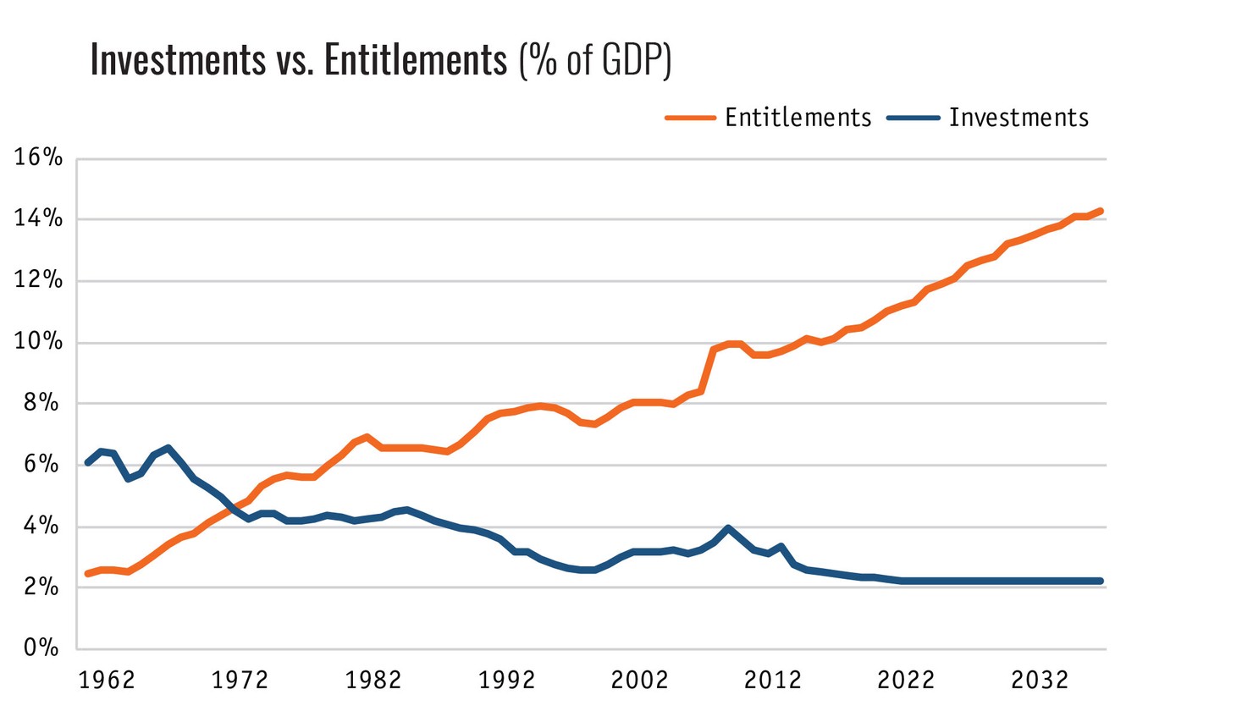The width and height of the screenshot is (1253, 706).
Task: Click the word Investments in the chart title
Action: (178, 60)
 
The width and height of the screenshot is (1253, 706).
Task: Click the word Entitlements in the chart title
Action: (416, 60)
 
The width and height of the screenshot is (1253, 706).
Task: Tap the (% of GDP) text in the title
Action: (595, 60)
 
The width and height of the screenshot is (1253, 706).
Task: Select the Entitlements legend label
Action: (798, 118)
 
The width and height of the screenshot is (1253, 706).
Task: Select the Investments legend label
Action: (1018, 118)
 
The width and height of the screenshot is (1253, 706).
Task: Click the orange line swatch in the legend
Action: (691, 118)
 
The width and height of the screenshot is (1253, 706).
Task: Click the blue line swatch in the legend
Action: (914, 118)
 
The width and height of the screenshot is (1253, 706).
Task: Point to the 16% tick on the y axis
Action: (38, 157)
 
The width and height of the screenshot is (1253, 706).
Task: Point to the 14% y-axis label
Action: (38, 219)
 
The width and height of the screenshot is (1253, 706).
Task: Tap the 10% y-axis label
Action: (38, 342)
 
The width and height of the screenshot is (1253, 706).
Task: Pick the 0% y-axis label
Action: (41, 648)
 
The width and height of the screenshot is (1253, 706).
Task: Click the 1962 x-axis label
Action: (107, 681)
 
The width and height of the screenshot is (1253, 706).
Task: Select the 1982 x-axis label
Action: (373, 681)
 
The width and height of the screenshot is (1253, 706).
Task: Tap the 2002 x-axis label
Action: (640, 681)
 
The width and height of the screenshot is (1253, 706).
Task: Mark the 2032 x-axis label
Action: (1040, 681)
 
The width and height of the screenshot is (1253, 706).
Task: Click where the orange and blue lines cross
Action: (233, 509)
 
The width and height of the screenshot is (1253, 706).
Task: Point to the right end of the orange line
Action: (1101, 211)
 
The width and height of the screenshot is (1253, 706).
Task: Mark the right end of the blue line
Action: (1101, 581)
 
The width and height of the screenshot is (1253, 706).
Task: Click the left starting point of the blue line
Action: (88, 462)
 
